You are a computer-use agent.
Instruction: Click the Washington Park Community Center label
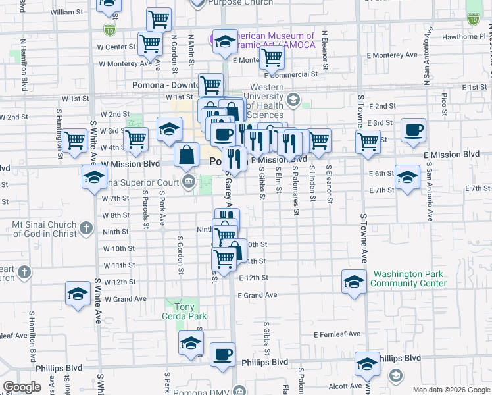click(408, 278)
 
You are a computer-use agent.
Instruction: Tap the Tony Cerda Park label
click(180, 311)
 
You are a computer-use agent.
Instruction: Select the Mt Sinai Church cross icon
click(86, 228)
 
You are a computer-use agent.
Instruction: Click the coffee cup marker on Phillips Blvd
click(222, 355)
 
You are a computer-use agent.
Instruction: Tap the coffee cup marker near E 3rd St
click(413, 130)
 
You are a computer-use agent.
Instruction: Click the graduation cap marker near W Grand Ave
click(78, 294)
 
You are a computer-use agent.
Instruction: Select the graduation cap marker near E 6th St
click(407, 176)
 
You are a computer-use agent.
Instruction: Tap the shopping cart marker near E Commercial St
click(271, 59)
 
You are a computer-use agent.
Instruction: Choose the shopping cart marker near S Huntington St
click(75, 139)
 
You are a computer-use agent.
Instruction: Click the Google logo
click(22, 387)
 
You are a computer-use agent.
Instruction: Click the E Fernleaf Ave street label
click(337, 334)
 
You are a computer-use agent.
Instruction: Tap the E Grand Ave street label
click(258, 295)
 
